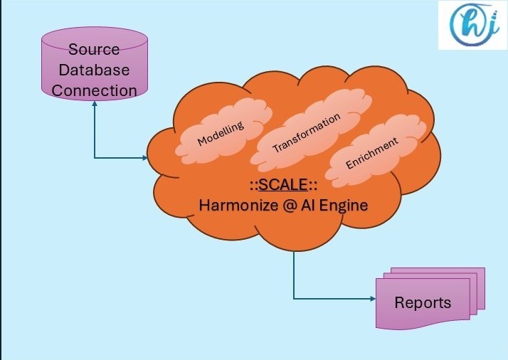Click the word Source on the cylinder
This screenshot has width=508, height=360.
pyautogui.click(x=94, y=51)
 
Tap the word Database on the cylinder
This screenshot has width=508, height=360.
pyautogui.click(x=94, y=70)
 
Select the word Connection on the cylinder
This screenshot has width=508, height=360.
pyautogui.click(x=94, y=90)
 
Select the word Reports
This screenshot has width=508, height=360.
pyautogui.click(x=423, y=302)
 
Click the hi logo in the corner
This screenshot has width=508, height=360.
pyautogui.click(x=471, y=25)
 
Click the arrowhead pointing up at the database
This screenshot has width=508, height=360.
pyautogui.click(x=94, y=102)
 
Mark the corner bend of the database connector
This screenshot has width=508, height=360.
pyautogui.click(x=94, y=157)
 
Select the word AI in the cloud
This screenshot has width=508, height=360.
pyautogui.click(x=310, y=206)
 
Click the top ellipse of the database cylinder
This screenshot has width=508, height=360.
pyautogui.click(x=94, y=37)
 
